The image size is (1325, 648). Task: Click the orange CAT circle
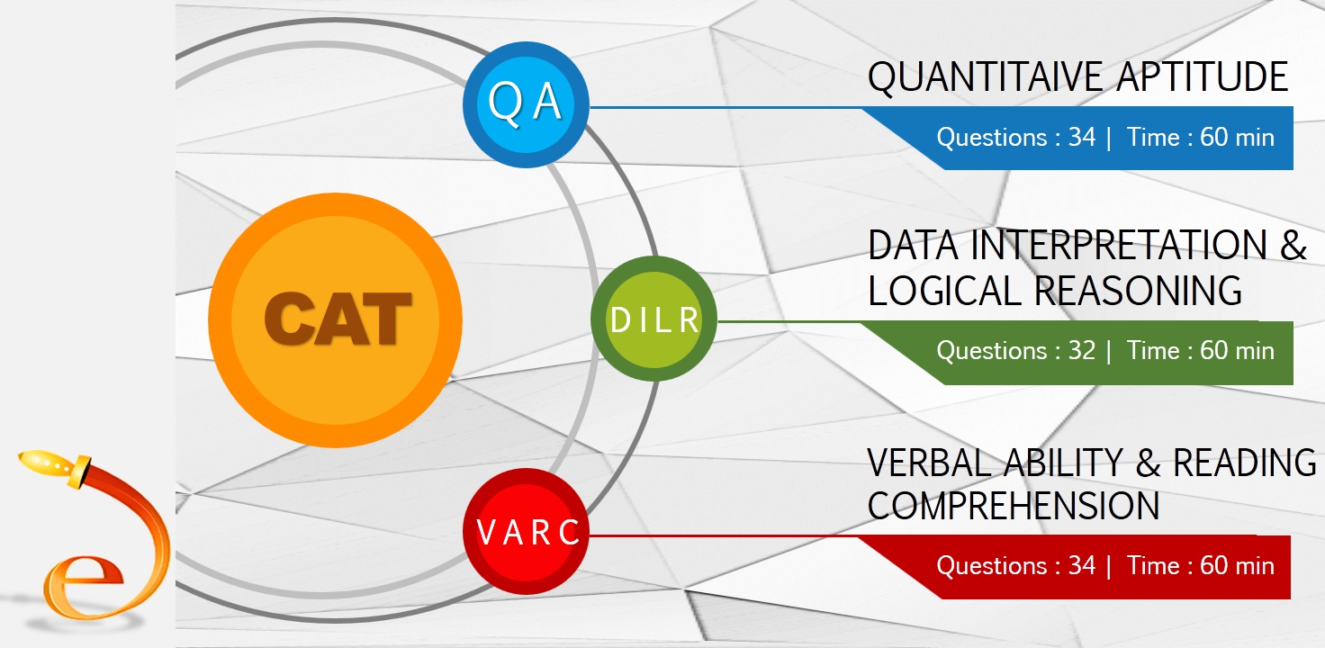pyautogui.click(x=335, y=319)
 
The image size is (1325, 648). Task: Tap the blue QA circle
pyautogui.click(x=526, y=104)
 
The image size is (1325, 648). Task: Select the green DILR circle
pyautogui.click(x=654, y=319)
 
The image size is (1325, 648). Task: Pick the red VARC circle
pyautogui.click(x=526, y=533)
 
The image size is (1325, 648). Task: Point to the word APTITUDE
pyautogui.click(x=1203, y=78)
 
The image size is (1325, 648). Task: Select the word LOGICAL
pyautogui.click(x=945, y=291)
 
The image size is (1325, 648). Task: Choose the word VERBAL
pyautogui.click(x=937, y=463)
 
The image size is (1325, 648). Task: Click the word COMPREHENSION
pyautogui.click(x=1014, y=506)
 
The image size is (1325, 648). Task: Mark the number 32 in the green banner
pyautogui.click(x=1081, y=350)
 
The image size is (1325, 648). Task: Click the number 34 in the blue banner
pyautogui.click(x=1081, y=138)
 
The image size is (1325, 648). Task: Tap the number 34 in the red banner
pyautogui.click(x=1081, y=565)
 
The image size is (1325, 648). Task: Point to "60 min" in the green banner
pyautogui.click(x=1237, y=350)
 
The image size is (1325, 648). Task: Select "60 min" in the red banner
pyautogui.click(x=1237, y=565)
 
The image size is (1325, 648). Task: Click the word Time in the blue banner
pyautogui.click(x=1153, y=138)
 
